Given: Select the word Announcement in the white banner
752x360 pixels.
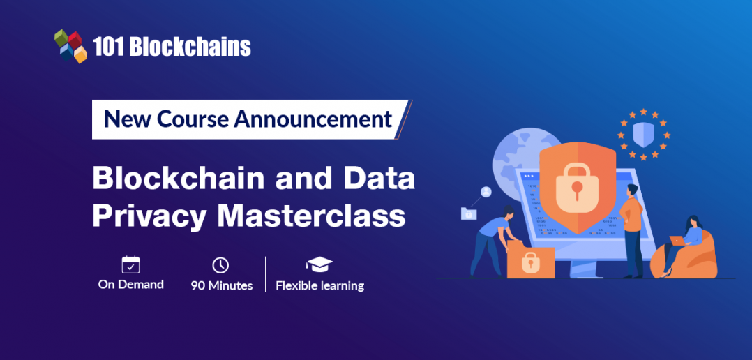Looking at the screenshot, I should (313, 119).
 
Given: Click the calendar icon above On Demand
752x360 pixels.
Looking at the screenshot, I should (130, 264).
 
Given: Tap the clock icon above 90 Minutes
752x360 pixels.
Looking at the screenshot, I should (220, 265).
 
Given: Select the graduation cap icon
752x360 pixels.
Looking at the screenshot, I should (319, 264).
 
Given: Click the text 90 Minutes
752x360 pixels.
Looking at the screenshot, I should (221, 285).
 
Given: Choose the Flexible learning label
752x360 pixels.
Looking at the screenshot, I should (319, 285).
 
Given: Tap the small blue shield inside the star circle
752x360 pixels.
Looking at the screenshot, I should (642, 133).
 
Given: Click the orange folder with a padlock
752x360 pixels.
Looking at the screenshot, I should (529, 262).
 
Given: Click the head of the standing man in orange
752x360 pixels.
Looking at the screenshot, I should (631, 189).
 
